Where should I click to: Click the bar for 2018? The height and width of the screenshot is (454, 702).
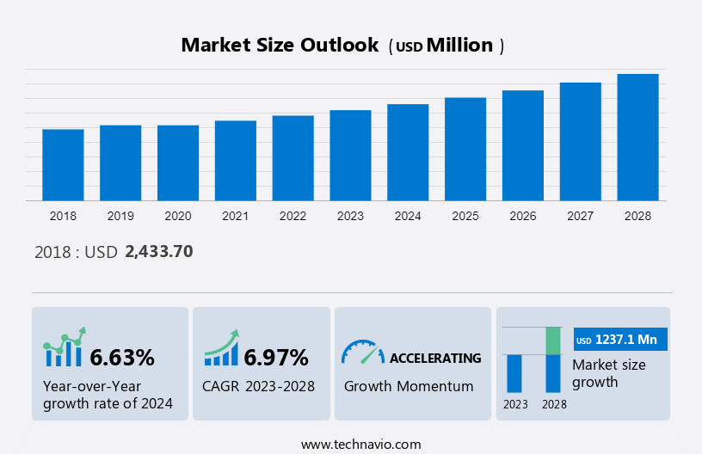pos(63,165)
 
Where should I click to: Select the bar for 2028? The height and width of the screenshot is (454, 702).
pos(637,138)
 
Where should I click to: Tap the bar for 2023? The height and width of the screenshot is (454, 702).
pos(350,156)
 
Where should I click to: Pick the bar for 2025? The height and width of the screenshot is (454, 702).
pos(465,149)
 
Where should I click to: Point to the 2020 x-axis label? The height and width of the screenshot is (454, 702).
pos(178,216)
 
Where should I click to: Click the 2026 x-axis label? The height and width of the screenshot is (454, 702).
pos(523,216)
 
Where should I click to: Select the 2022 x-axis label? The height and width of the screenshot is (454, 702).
pos(292,216)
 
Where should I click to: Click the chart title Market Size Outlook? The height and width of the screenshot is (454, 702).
pos(280,46)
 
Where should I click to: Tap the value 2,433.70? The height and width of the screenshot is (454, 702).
pos(158,252)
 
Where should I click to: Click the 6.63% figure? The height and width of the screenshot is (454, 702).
pos(122,357)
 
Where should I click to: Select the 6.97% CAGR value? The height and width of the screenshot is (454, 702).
pos(276,357)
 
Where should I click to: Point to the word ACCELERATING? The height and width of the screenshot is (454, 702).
pos(435,358)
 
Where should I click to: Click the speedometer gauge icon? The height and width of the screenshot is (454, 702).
pos(362,352)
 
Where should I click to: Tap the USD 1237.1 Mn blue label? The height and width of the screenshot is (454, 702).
pos(619,340)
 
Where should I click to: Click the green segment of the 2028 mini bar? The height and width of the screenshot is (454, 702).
pos(553,340)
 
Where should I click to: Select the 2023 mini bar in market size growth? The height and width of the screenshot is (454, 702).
pos(514,373)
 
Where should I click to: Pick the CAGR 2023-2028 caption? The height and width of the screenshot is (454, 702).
pos(258,386)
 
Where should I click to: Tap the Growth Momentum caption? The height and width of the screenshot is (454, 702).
pos(409,386)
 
